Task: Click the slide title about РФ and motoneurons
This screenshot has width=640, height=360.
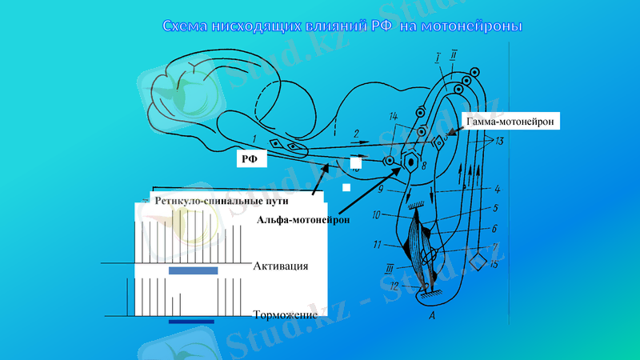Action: pyautogui.click(x=342, y=26)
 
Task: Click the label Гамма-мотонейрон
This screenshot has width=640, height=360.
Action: pyautogui.click(x=509, y=120)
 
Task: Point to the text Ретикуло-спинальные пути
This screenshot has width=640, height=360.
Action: pyautogui.click(x=233, y=200)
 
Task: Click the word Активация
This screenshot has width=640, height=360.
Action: pyautogui.click(x=281, y=266)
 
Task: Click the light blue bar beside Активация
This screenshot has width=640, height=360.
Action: pyautogui.click(x=193, y=270)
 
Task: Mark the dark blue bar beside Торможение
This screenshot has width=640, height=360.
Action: pyautogui.click(x=192, y=321)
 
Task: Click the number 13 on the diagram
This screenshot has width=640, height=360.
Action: pyautogui.click(x=499, y=142)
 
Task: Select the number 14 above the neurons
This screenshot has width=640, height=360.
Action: pyautogui.click(x=393, y=117)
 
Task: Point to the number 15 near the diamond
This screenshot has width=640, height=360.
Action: pyautogui.click(x=494, y=264)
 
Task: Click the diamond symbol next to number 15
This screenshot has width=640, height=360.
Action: pyautogui.click(x=478, y=261)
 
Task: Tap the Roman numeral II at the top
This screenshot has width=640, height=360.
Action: pyautogui.click(x=454, y=55)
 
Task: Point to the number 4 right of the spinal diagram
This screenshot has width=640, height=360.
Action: pyautogui.click(x=498, y=190)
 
